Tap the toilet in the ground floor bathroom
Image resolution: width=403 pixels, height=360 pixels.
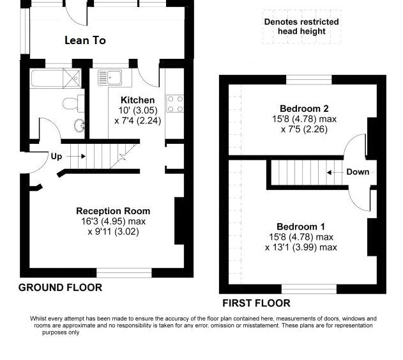pyautogui.click(x=72, y=104)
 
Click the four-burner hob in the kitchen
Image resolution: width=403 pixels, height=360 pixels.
pyautogui.click(x=175, y=103)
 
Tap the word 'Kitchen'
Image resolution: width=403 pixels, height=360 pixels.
pyautogui.click(x=137, y=100)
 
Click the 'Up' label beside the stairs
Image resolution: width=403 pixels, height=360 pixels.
pyautogui.click(x=56, y=156)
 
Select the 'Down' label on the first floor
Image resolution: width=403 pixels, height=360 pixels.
pyautogui.click(x=358, y=172)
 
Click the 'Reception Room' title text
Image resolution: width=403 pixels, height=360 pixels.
pyautogui.click(x=113, y=211)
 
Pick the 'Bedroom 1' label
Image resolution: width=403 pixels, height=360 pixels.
pyautogui.click(x=301, y=226)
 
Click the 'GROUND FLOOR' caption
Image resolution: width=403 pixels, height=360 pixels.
pyautogui.click(x=59, y=288)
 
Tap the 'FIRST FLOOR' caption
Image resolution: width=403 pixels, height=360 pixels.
pyautogui.click(x=255, y=303)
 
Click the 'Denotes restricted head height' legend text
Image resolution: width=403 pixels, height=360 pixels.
pyautogui.click(x=301, y=26)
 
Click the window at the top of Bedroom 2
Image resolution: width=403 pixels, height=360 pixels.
pyautogui.click(x=308, y=80)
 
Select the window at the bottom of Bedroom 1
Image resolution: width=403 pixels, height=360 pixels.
pyautogui.click(x=309, y=288)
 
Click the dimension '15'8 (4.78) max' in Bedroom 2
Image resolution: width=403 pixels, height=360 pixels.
pyautogui.click(x=304, y=119)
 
